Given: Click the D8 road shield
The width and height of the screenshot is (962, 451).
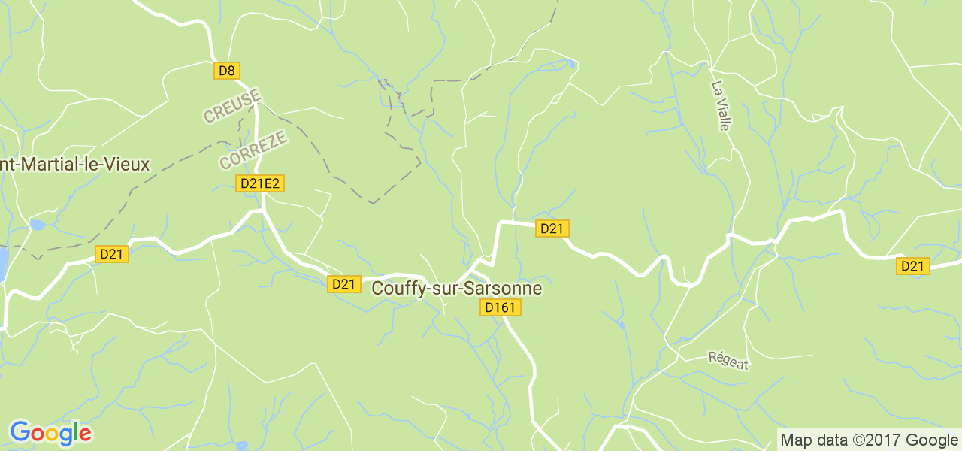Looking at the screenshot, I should coord(226,71).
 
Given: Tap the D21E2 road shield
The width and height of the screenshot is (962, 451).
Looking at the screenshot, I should coord(260,183).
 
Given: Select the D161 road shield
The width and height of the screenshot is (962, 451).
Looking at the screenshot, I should coord(501,307).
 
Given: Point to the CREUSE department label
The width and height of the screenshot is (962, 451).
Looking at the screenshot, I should coord(232,105).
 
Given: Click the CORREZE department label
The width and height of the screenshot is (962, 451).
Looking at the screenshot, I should coord(253,150).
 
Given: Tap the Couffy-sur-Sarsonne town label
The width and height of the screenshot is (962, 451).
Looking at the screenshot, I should coord(457,289).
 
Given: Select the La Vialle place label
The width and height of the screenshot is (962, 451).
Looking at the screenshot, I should coord(720,105).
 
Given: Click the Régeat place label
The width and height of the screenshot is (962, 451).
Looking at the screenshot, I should coord(728,361).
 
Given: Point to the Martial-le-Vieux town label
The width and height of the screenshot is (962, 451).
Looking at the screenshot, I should coord(75,164).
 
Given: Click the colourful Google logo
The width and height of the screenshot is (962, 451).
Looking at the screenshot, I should coord(50,433).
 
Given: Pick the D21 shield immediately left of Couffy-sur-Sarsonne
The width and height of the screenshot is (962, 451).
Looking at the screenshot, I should coord(343,284).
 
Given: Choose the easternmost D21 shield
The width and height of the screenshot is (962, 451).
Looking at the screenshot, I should coord(912,266).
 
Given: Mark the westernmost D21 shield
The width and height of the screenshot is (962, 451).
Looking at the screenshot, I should coord(113,254).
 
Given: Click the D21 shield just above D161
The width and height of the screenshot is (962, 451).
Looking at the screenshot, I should coord(552,229).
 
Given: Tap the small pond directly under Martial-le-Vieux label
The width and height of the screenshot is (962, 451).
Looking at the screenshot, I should coord(37,224).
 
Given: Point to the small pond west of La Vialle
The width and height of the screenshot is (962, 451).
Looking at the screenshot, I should coord(573,65).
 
